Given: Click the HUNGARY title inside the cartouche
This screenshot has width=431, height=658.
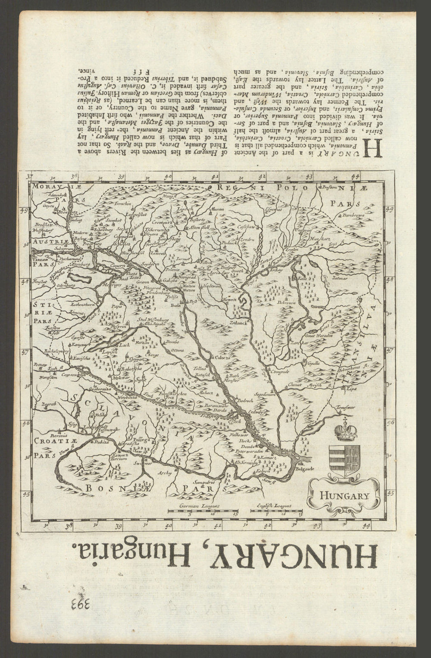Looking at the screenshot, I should pos(344,495).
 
